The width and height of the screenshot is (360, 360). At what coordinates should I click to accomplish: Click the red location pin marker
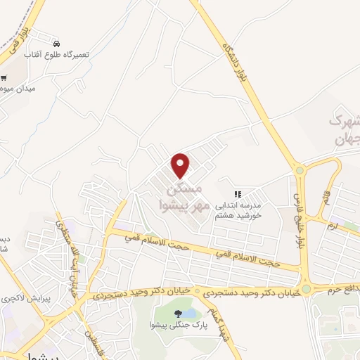(181, 165)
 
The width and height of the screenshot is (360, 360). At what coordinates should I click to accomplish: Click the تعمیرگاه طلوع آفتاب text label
(56, 54)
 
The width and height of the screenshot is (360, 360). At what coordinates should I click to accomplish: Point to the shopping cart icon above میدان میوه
(4, 78)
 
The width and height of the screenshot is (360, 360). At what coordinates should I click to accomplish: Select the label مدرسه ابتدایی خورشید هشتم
(238, 210)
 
